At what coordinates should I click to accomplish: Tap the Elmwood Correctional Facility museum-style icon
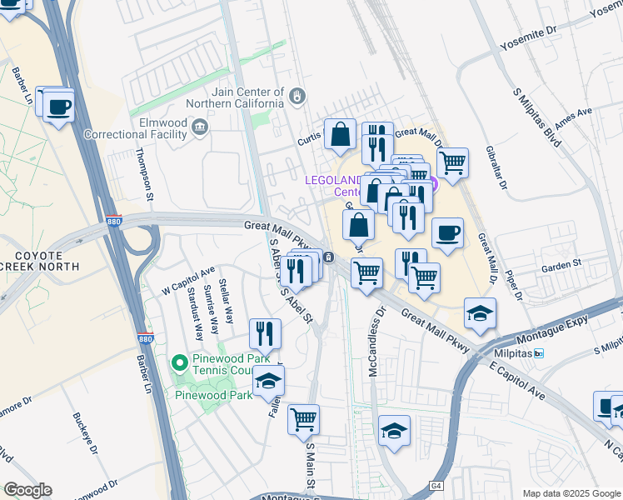click(x=200, y=127)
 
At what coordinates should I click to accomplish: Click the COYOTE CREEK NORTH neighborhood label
click(x=39, y=260)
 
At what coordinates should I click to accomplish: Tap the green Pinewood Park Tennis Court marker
click(x=178, y=362)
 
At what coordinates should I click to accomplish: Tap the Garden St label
click(x=560, y=264)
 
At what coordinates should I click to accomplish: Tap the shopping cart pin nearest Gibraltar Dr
click(x=451, y=162)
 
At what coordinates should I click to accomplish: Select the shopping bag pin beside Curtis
click(x=341, y=133)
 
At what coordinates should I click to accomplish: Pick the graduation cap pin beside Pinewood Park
click(x=267, y=381)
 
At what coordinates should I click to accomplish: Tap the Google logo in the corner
click(x=27, y=490)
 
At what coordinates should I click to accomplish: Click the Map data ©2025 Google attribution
click(x=571, y=492)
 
